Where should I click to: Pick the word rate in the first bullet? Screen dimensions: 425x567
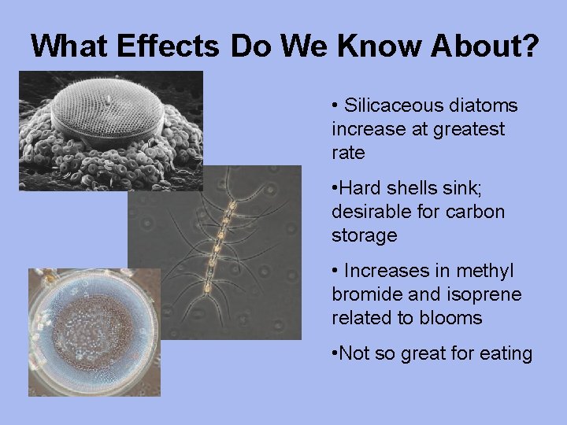[x=348, y=153]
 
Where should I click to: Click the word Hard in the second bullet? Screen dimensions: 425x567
[x=358, y=188]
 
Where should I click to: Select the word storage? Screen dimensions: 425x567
[x=365, y=235]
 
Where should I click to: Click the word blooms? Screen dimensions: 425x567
[x=455, y=318]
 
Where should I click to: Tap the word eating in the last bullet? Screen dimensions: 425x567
[x=504, y=354]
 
